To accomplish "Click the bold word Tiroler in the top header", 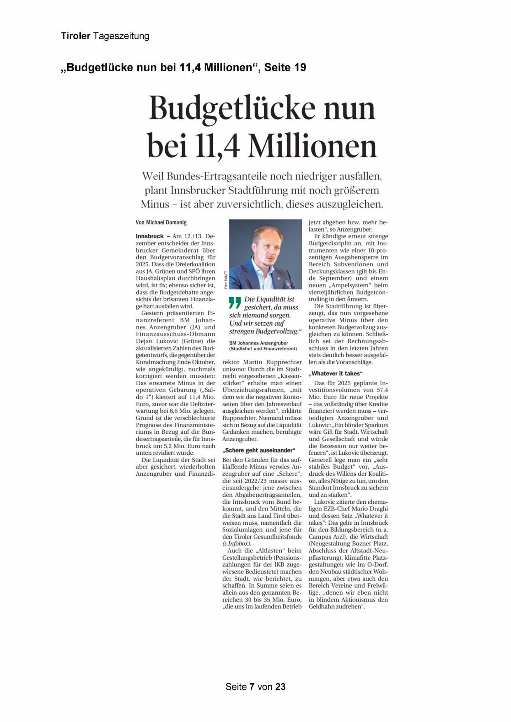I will [76, 36].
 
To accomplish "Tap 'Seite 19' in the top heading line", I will [285, 68].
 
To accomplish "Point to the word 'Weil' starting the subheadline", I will [153, 177].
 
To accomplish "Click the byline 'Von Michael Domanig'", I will [161, 222].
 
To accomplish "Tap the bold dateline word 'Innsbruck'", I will [149, 236].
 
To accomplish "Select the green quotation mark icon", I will [235, 303].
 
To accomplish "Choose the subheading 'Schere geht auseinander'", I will [259, 450].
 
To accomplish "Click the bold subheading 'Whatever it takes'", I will [336, 373].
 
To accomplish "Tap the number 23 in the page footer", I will [280, 687].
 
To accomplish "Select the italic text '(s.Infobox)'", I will [236, 543].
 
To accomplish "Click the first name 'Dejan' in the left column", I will [145, 341].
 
